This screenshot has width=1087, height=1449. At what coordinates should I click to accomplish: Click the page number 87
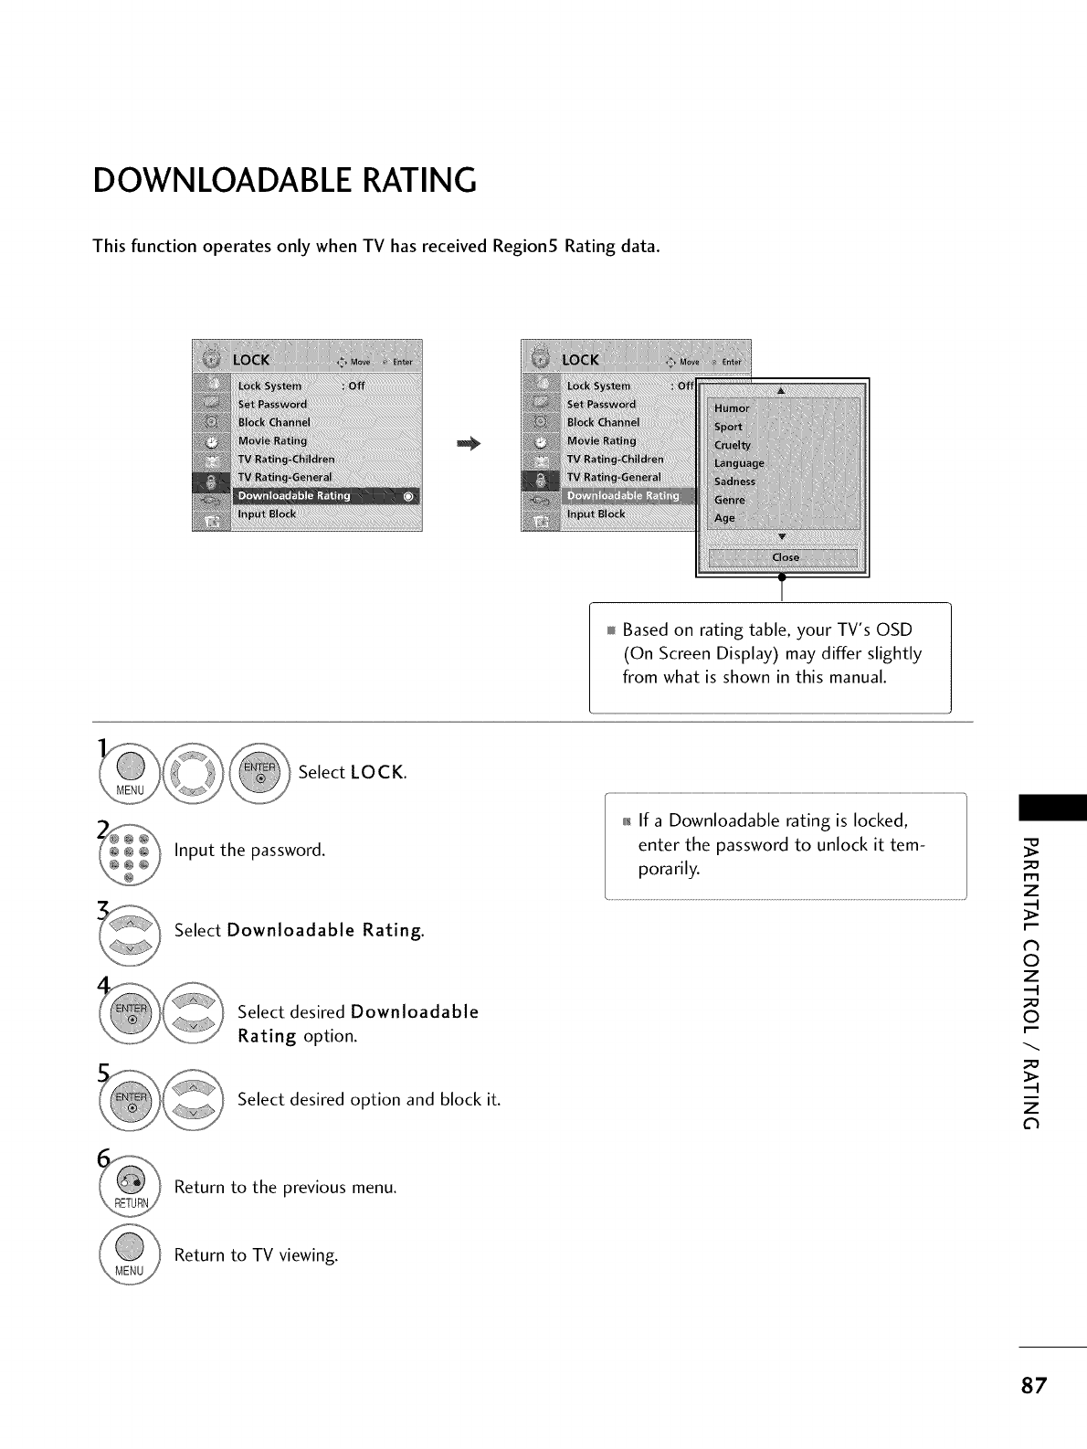tap(1033, 1385)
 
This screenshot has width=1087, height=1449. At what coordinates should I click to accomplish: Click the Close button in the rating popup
tap(785, 557)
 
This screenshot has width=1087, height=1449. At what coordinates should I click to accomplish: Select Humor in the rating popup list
tap(732, 408)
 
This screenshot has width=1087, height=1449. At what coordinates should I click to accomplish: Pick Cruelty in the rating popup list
tap(733, 445)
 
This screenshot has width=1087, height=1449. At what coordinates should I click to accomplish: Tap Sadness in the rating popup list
tap(735, 481)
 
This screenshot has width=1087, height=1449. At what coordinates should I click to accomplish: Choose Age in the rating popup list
tap(724, 518)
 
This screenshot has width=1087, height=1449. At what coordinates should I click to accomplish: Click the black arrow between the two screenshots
tap(469, 444)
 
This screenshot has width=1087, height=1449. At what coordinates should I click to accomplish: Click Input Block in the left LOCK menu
tap(267, 514)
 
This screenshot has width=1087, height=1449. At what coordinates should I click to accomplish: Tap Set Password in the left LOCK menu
tap(272, 404)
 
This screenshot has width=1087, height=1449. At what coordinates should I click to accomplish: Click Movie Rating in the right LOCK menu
tap(601, 440)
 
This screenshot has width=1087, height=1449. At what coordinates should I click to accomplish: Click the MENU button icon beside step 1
tap(131, 771)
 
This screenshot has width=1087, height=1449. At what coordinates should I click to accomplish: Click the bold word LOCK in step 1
tap(376, 772)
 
